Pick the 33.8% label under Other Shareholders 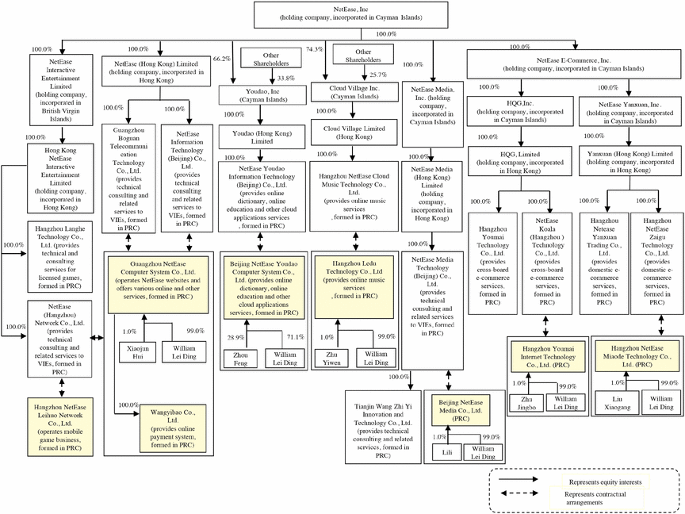(285, 79)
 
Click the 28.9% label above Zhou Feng (235, 337)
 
